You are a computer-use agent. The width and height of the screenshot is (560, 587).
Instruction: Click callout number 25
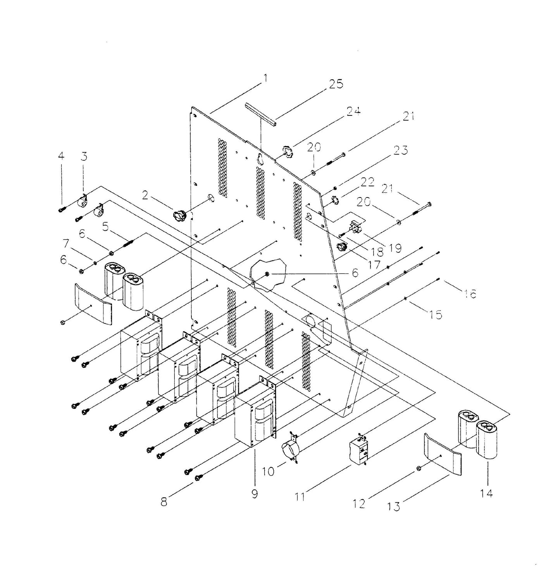pos(336,84)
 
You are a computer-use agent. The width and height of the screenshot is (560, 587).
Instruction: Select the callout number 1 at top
pos(265,78)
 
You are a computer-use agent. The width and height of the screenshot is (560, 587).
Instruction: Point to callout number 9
pos(254,494)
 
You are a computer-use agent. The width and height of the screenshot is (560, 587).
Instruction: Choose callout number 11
pos(300,496)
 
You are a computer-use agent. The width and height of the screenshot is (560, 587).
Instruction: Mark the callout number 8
pos(164,502)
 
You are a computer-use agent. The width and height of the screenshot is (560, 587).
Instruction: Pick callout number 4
pos(61,156)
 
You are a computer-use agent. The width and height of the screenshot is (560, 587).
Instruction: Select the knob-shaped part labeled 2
pos(179,214)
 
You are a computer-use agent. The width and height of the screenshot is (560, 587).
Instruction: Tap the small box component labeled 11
pos(359,450)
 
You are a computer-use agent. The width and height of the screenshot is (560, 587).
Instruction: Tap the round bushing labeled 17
pos(341,246)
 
